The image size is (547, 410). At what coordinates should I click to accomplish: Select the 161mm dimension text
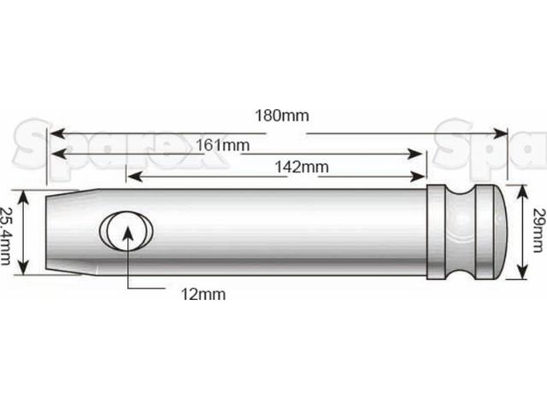[225, 145]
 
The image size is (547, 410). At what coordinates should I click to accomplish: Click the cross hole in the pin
[126, 231]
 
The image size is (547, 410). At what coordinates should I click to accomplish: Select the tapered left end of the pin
[64, 231]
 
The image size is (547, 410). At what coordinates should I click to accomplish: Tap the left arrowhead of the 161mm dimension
[56, 154]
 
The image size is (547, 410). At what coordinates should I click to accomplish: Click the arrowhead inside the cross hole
[127, 227]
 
